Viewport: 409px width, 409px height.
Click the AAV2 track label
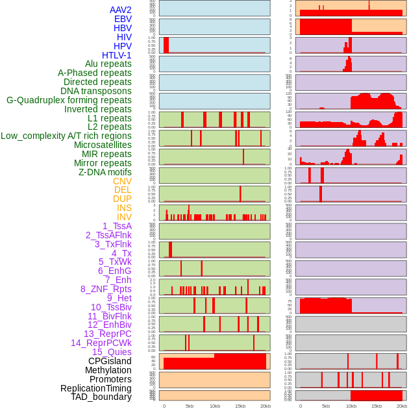[x=120, y=10]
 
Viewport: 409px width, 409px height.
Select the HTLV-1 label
[x=116, y=55]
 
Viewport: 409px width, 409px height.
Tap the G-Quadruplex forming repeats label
[x=69, y=100]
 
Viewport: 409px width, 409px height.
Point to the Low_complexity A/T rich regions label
[x=66, y=136]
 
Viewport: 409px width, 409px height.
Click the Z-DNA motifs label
[x=105, y=172]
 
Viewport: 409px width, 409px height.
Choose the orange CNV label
[x=122, y=181]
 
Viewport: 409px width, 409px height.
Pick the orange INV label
[x=124, y=217]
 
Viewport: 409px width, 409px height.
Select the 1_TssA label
[x=117, y=226]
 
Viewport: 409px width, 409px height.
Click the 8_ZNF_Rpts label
[x=106, y=289]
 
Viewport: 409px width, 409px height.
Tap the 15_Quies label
[x=112, y=352]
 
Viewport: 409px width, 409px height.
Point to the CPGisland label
[x=110, y=361]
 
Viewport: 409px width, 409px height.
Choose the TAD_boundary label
[x=101, y=397]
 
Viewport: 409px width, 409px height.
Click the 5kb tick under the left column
[x=190, y=406]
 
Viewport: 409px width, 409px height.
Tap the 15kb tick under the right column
[x=377, y=406]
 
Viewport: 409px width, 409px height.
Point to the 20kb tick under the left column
[x=266, y=406]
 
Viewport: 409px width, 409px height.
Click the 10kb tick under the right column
[x=351, y=406]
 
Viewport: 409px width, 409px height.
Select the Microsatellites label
[x=103, y=145]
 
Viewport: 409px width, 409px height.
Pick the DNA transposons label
[x=96, y=91]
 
